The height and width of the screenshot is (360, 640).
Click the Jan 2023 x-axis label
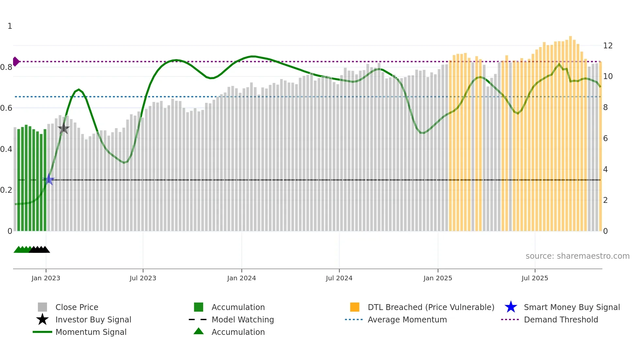coord(46,278)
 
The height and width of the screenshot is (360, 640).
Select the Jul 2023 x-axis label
coord(143,278)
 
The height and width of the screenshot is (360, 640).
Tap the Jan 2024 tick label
coord(241,278)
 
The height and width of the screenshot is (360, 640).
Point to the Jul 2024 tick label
coord(339,278)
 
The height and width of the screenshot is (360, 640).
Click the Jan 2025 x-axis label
coord(438,278)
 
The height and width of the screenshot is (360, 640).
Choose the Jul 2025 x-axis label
coord(535,278)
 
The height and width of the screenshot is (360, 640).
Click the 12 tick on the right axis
coord(608,45)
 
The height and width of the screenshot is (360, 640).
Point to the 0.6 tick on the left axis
coord(6,108)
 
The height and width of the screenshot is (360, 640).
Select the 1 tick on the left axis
coord(10,26)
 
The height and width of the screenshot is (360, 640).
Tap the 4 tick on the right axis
coord(605,169)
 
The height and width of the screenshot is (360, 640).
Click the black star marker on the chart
coord(64,128)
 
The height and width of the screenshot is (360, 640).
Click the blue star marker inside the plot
coord(49,179)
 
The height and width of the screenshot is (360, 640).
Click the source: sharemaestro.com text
coord(577,256)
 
